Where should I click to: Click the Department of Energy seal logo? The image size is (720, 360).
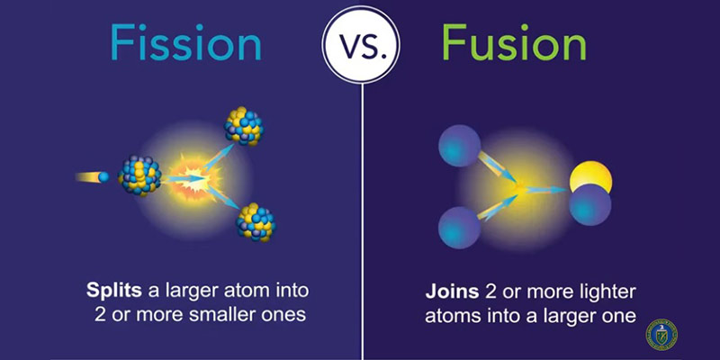click(661, 333)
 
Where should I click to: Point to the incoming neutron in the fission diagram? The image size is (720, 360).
click(103, 176)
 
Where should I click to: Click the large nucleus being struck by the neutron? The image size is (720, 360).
click(139, 175)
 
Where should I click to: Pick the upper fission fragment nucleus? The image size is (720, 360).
click(243, 126)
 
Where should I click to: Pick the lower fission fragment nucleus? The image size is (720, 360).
click(256, 221)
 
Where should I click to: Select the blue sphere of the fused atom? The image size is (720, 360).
click(589, 204)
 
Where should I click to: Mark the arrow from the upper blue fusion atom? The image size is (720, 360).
click(498, 169)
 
